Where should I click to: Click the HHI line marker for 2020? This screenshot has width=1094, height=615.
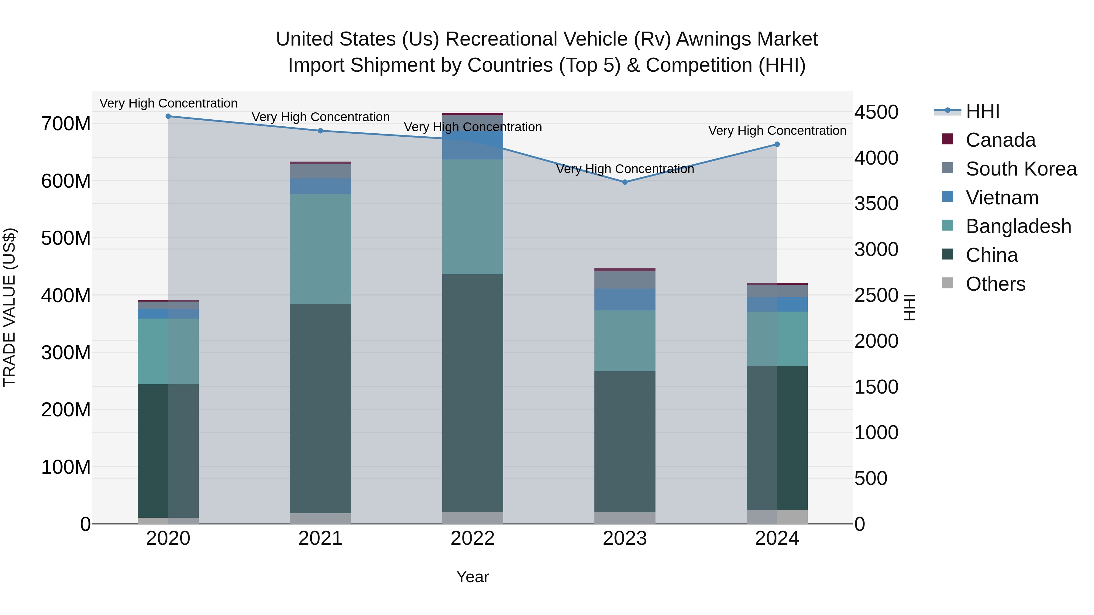point(168,116)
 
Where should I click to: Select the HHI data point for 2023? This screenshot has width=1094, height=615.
point(625,182)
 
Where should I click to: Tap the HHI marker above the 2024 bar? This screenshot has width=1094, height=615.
point(777,144)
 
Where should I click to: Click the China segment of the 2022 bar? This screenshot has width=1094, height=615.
point(472,393)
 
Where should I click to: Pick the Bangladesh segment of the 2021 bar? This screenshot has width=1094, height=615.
point(320,249)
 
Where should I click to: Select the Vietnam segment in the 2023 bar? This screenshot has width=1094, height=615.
point(625,300)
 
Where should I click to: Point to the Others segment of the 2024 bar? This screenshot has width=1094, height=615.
point(777,517)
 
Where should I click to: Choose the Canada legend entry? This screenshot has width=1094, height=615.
point(1000,140)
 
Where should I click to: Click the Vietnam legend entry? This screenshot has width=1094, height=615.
point(1002,198)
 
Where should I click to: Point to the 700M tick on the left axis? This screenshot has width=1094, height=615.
point(66,124)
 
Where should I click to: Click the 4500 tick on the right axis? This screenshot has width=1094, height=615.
point(876,112)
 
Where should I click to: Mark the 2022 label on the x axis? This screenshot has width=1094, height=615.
point(472,538)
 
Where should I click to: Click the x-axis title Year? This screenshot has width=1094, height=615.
point(472,577)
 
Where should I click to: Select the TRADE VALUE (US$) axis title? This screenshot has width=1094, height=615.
point(9,307)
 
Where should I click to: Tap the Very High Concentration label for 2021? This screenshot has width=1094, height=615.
point(320,117)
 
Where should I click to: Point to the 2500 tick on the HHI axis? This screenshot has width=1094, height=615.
point(876,296)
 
